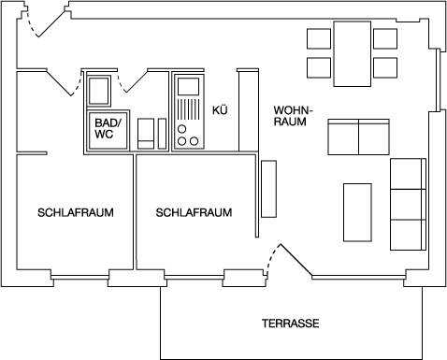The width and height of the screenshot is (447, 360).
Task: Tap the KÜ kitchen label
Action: pos(221,109)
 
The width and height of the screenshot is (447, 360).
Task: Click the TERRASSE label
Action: pos(291,324)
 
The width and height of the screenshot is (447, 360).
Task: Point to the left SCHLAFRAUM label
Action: pos(76,213)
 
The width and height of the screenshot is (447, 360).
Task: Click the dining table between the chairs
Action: pos(352,53)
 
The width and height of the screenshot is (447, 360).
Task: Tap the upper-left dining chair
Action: pos(319,39)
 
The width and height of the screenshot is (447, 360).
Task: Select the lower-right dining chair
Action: pos(385,68)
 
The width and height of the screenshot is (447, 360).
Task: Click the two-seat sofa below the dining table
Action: pos(358,137)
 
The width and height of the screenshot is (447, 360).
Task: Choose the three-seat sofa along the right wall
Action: pos(407,203)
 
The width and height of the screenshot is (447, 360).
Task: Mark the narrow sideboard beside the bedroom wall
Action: pos(268,189)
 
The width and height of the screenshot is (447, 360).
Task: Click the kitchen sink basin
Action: pos(188,92)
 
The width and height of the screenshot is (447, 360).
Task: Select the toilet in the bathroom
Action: pos(147,132)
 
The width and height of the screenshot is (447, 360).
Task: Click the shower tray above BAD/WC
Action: pos(99,94)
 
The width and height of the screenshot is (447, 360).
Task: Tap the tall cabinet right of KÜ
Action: pos(247,109)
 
